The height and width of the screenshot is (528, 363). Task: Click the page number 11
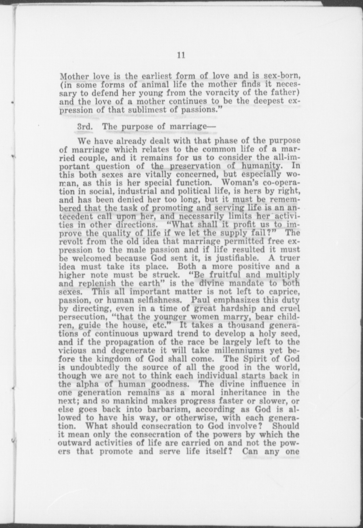[x=181, y=55]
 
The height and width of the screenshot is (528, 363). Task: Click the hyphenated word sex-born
[x=282, y=76]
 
